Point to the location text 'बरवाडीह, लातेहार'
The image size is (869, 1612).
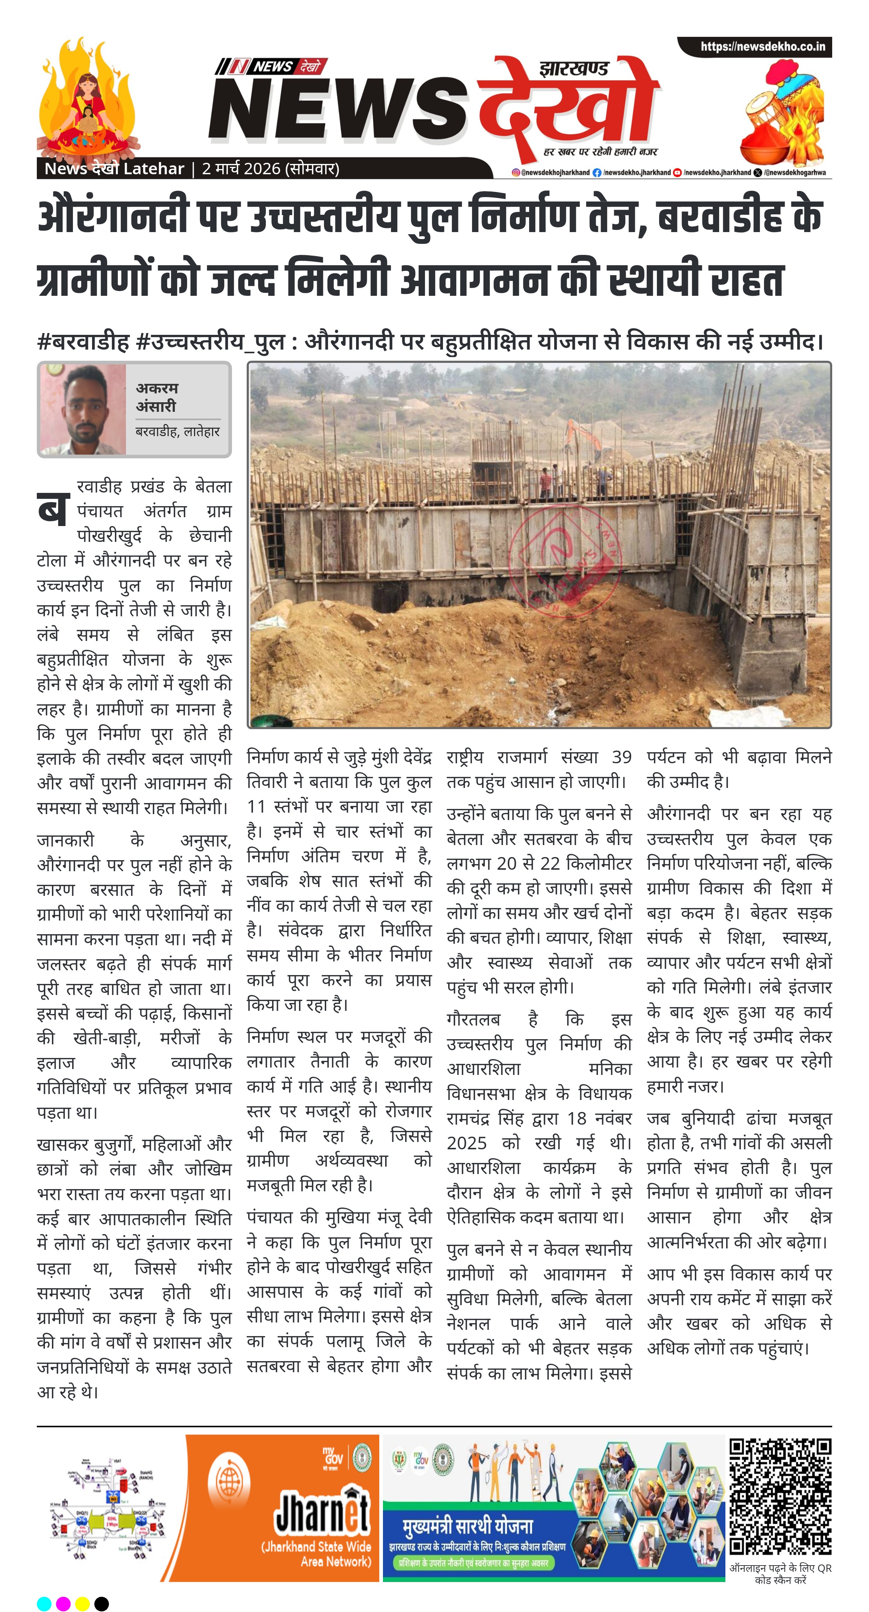point(177,432)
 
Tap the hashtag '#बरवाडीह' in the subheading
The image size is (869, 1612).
point(83,342)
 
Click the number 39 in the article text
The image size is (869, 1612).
point(621,757)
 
